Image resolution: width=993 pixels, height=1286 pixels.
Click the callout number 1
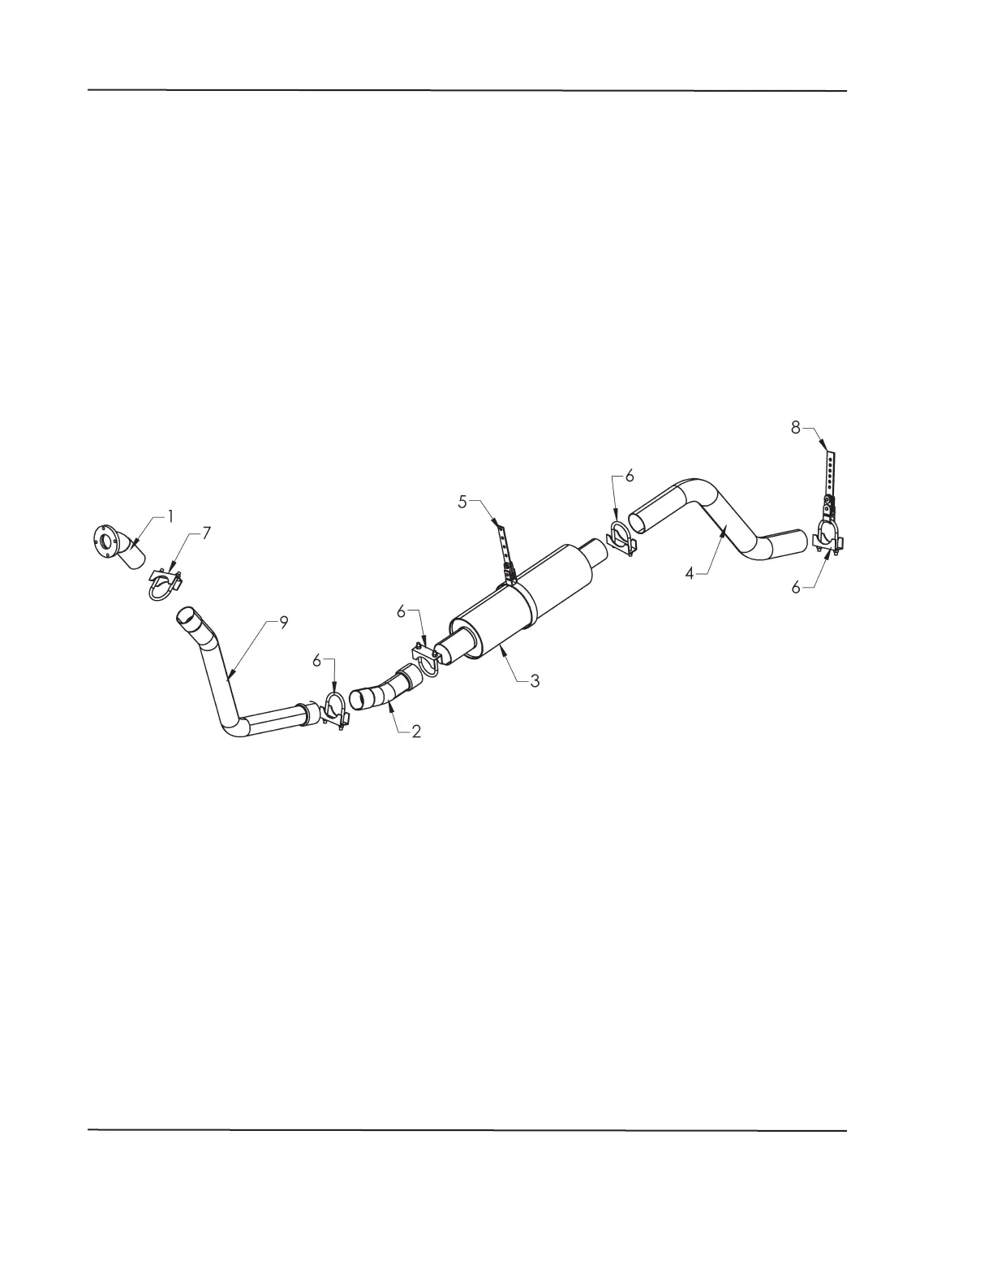171,515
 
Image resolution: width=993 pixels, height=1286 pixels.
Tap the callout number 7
207,533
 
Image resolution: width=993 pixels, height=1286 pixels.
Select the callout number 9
283,623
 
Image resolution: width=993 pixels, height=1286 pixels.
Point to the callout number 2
415,731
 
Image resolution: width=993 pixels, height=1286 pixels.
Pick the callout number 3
535,681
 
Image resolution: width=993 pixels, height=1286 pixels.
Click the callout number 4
689,574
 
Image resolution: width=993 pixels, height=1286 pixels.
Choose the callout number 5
462,502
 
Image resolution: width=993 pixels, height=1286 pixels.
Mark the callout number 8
796,427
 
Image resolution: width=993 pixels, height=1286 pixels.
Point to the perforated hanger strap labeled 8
829,471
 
